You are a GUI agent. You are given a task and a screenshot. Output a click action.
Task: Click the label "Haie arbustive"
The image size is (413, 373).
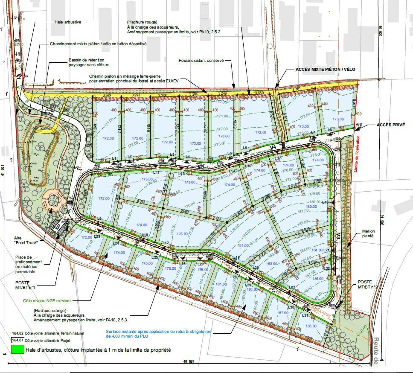click(x=68, y=22)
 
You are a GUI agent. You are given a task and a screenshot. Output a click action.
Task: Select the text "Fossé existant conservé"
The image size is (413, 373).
click(x=201, y=61)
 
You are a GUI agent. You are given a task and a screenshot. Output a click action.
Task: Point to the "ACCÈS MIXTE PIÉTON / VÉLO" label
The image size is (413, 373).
click(x=325, y=69)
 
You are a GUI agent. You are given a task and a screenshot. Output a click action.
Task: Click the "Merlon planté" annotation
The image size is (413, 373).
click(x=368, y=233)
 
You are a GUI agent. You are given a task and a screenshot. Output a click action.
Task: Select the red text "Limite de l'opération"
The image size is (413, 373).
click(x=357, y=154)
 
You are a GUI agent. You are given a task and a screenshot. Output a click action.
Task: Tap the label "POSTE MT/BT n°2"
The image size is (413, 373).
click(x=365, y=285)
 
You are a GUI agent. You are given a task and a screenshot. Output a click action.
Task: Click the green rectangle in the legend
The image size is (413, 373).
click(x=17, y=350)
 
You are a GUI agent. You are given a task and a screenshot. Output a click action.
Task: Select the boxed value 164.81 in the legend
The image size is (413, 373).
click(x=17, y=340)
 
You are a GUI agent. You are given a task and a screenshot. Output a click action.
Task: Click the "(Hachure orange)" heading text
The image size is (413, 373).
click(x=47, y=310)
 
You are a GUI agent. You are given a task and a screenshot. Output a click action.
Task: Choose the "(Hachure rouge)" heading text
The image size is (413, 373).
click(x=142, y=22)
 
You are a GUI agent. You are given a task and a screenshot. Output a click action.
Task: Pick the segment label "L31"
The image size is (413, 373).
click(x=305, y=315)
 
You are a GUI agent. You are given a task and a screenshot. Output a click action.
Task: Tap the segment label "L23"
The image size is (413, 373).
click(x=97, y=236)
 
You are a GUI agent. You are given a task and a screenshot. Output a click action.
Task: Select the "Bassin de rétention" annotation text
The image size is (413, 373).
click(x=86, y=60)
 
